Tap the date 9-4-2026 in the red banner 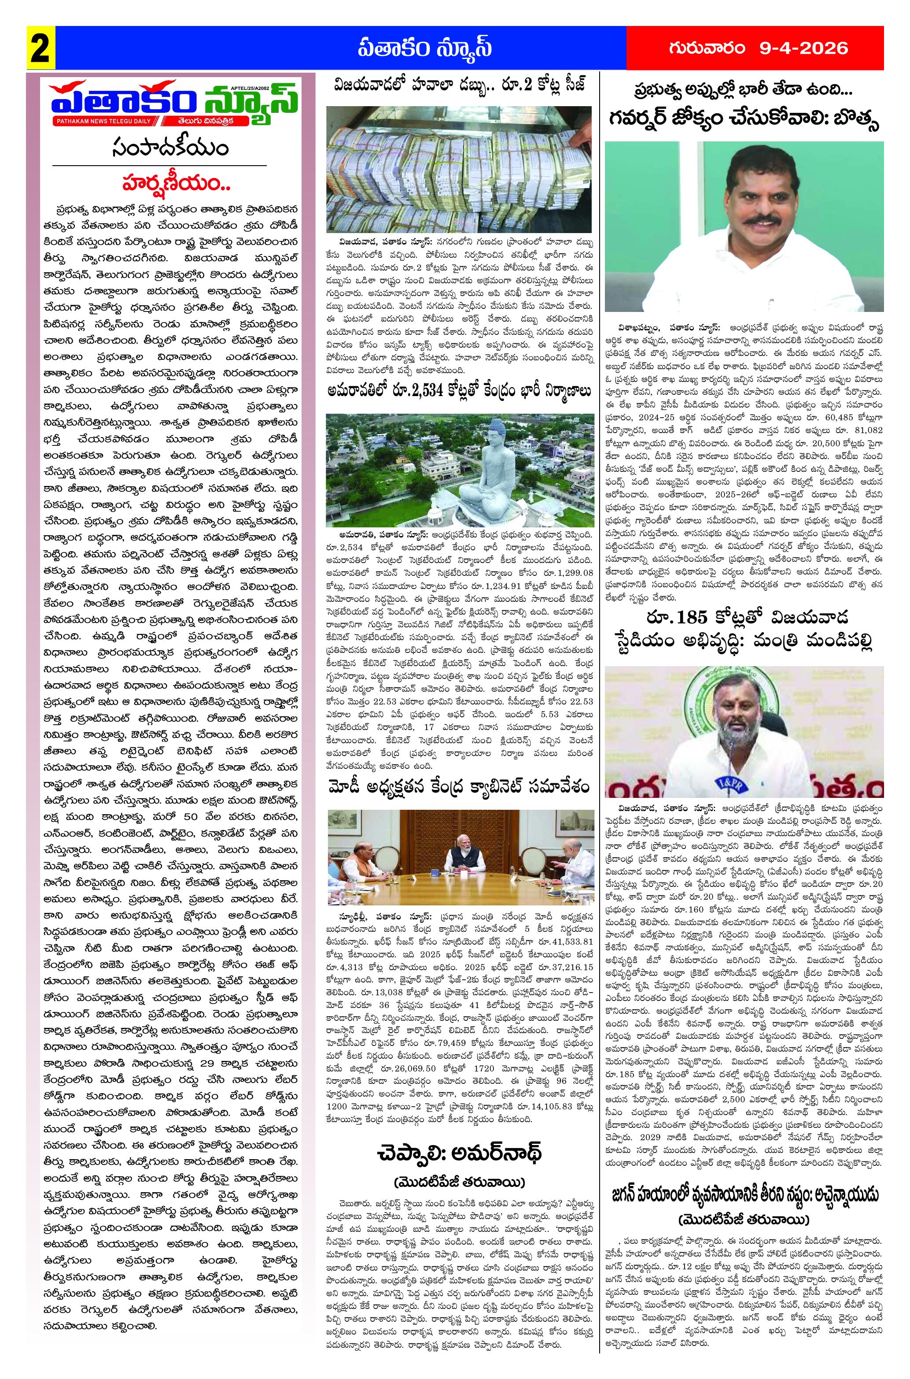tap(804, 48)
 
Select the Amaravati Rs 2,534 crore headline tap(458, 390)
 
